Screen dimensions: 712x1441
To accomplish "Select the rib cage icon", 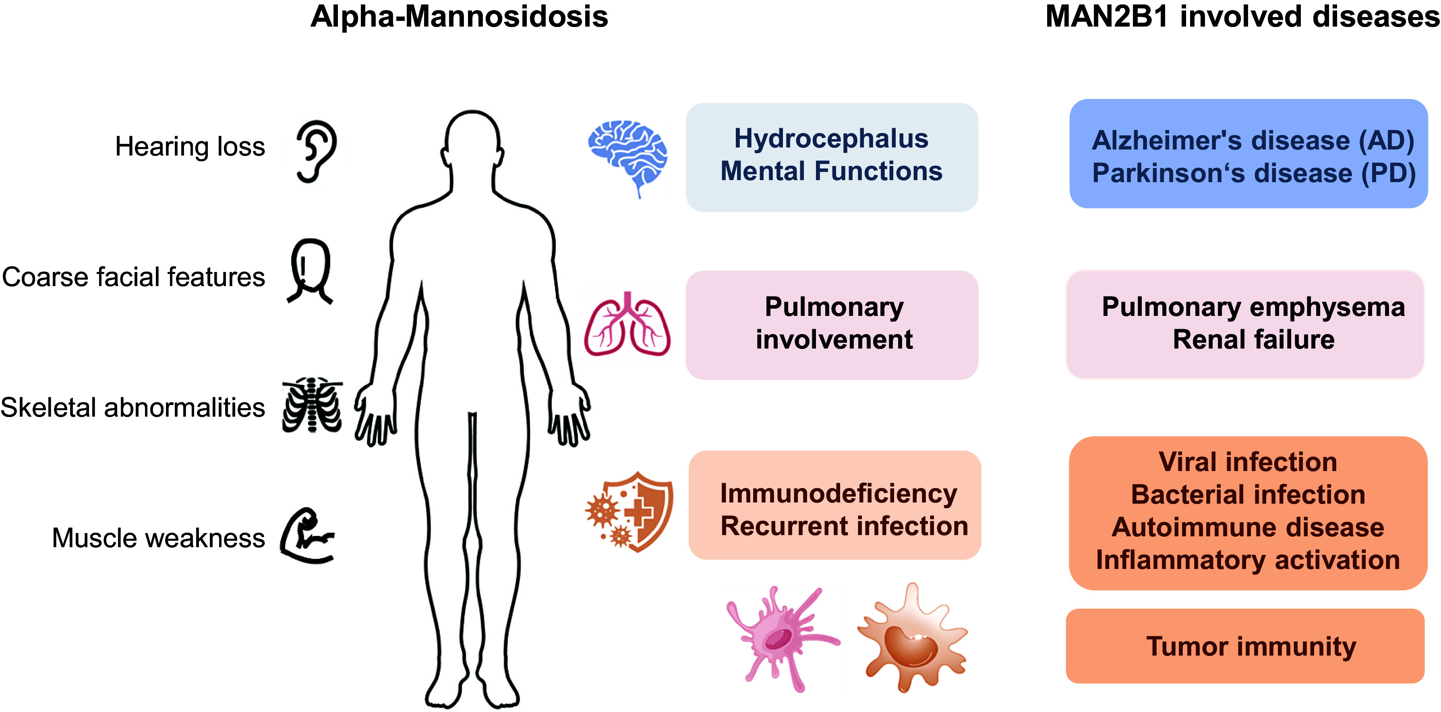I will (312, 405).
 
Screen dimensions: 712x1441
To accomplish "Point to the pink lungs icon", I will (627, 325).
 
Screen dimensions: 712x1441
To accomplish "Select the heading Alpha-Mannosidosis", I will (459, 17).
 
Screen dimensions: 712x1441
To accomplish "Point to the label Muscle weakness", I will (158, 538).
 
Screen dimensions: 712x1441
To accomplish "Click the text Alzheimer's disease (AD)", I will (1253, 141).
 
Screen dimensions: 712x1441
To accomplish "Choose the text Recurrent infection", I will (844, 526).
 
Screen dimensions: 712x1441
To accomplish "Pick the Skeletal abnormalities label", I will (133, 407).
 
